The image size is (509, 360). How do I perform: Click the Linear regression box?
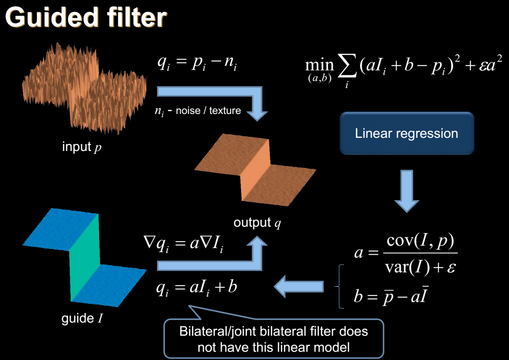pyautogui.click(x=407, y=133)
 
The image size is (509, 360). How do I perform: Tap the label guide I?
pyautogui.click(x=82, y=318)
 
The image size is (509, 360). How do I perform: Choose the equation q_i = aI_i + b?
pyautogui.click(x=197, y=287)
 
